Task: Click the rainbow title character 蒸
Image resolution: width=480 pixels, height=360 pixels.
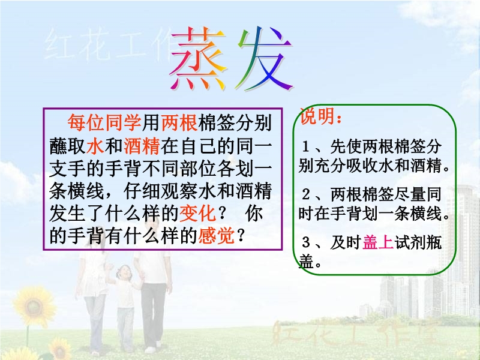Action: (x=199, y=59)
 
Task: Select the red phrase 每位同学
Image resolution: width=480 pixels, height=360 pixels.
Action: (x=104, y=123)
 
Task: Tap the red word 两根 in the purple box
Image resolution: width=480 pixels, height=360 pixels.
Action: (x=179, y=123)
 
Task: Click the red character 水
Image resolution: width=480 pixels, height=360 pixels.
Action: (x=95, y=146)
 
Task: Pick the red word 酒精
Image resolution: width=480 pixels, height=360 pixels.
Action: (x=142, y=146)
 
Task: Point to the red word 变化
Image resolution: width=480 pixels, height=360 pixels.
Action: (x=197, y=214)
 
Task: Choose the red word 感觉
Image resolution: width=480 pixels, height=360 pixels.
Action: (x=217, y=236)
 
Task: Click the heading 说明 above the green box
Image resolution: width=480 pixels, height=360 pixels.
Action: (x=317, y=116)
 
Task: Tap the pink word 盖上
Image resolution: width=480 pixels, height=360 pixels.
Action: (x=378, y=242)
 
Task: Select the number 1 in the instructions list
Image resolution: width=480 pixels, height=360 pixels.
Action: (x=305, y=146)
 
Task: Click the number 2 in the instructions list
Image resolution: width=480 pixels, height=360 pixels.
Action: (x=306, y=194)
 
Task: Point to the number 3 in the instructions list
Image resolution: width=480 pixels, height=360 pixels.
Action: (x=306, y=242)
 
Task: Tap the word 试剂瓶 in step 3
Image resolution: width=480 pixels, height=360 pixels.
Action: (x=418, y=242)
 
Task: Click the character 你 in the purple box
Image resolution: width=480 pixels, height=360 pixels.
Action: (x=253, y=214)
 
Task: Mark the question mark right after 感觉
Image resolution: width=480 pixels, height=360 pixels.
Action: (x=241, y=236)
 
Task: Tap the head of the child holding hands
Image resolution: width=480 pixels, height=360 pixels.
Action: (x=124, y=272)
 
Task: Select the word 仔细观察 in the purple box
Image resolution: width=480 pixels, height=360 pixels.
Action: (x=161, y=191)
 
